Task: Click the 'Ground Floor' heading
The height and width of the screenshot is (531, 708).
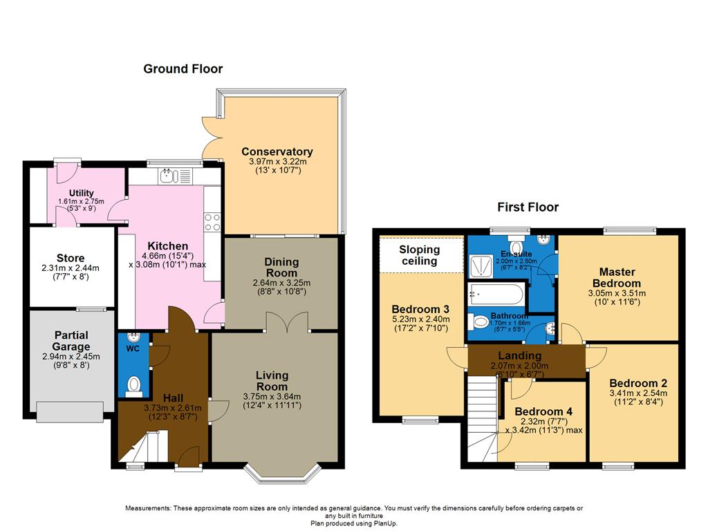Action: coord(183,68)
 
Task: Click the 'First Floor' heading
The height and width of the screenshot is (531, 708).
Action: coord(528,207)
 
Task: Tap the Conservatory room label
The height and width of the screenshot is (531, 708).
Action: coord(277,151)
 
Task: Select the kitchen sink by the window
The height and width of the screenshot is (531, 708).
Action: coord(167,177)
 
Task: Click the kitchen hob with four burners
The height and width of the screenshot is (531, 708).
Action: coord(212,222)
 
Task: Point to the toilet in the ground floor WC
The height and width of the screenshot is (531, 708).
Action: coord(135,383)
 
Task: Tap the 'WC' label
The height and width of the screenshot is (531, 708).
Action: coord(133,349)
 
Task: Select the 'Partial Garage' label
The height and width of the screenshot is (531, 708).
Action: coord(72,341)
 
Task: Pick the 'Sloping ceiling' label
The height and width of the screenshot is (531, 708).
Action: coord(420,255)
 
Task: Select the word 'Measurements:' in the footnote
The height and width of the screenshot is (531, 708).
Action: coord(148,509)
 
